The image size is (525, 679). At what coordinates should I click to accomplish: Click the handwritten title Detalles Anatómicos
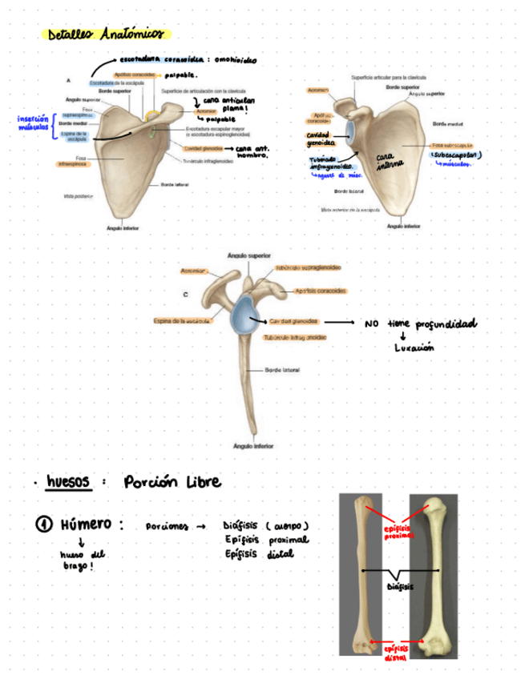click(105, 34)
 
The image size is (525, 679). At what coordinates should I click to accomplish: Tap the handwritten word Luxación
click(414, 348)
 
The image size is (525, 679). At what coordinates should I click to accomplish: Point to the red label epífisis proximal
click(398, 531)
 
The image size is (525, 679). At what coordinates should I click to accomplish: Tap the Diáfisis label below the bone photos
click(401, 586)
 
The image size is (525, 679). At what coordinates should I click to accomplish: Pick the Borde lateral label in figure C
click(282, 371)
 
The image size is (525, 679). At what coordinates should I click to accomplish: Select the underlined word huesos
click(70, 482)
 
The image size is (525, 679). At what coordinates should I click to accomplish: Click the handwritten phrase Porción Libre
click(172, 482)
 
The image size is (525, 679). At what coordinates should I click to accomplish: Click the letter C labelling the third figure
click(185, 294)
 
